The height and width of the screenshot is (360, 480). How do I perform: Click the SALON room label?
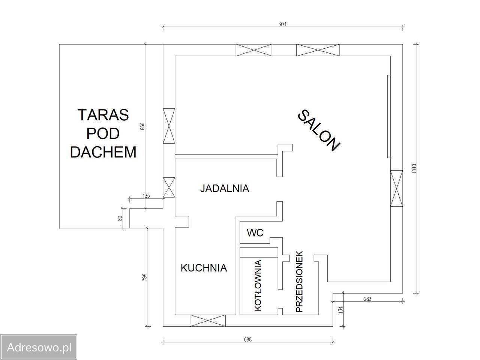pos(319,130)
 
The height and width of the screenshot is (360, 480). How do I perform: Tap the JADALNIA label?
pos(225,188)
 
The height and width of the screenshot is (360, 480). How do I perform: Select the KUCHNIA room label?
pos(204,268)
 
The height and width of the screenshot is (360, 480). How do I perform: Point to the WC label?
pos(255,233)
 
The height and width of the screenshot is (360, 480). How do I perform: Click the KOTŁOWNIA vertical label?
pos(258,285)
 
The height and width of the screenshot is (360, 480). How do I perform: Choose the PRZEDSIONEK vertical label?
pos(299,282)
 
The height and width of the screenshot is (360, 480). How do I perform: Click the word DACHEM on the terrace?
pos(103,152)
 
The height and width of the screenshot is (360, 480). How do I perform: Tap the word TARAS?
pos(103,115)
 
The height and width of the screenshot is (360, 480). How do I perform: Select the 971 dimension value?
pos(283,24)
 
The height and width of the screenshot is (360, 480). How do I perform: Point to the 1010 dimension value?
pos(414,169)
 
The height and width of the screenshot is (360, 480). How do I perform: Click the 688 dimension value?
pos(248,339)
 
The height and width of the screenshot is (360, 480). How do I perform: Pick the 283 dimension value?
pos(367,299)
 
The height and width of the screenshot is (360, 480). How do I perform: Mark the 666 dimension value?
pos(142,126)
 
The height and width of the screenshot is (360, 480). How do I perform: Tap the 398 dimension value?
pos(144,277)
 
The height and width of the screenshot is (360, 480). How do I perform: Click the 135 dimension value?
pos(146,196)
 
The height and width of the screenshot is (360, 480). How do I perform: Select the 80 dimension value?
pos(120,218)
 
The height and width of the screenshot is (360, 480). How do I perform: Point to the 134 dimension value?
pos(341,310)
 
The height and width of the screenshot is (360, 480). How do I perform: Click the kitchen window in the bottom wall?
pos(207,321)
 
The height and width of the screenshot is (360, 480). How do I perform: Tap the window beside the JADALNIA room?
pos(169,187)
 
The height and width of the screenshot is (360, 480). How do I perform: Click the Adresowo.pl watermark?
pos(39,347)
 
